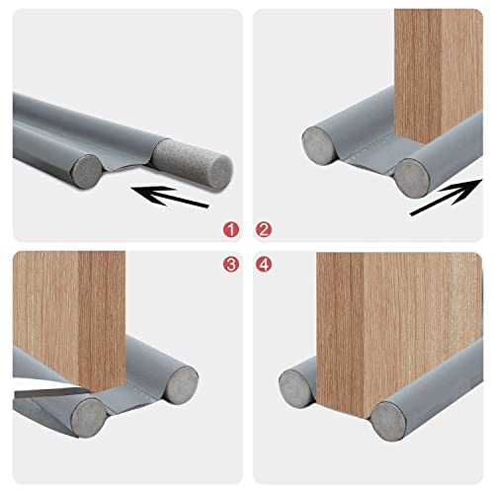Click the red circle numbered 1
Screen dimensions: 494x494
(231, 230)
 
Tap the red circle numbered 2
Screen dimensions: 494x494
(263, 230)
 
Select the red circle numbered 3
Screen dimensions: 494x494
(231, 264)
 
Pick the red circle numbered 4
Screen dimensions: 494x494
(263, 264)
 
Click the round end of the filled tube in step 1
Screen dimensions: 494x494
(86, 172)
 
